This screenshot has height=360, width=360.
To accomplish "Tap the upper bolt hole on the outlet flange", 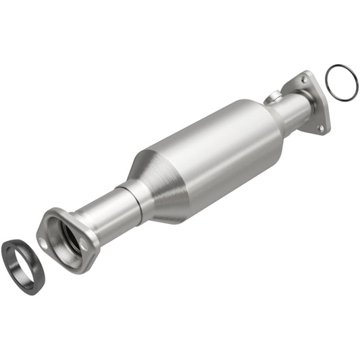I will [305, 80].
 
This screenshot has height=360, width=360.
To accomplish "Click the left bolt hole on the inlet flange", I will [45, 242].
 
